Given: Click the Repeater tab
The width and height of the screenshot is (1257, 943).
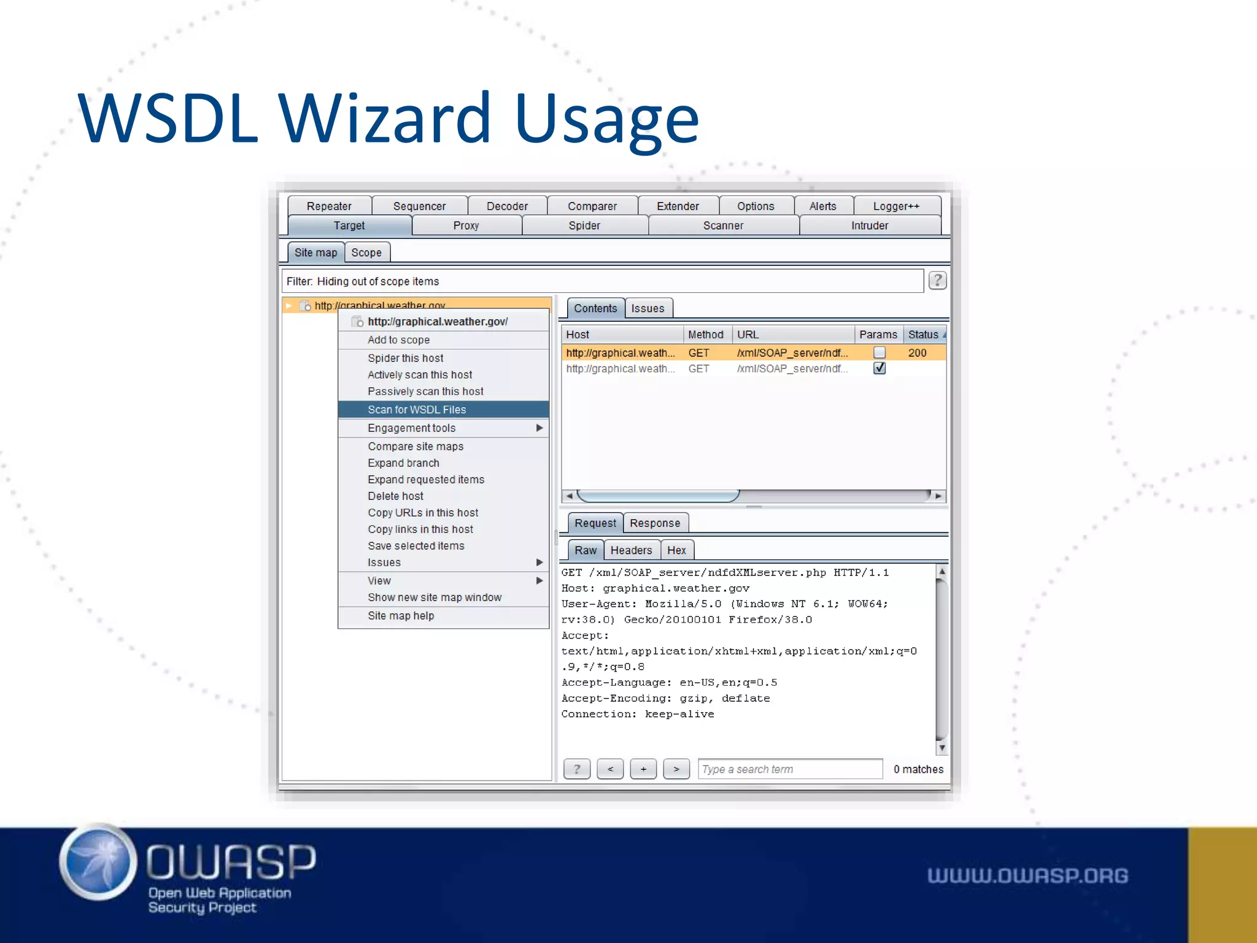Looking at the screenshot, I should [x=329, y=206].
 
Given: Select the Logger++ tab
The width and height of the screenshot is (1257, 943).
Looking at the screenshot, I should [x=896, y=206].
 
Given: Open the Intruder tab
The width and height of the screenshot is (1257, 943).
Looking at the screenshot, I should [x=869, y=226].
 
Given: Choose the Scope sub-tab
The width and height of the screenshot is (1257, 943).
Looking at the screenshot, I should [x=366, y=252].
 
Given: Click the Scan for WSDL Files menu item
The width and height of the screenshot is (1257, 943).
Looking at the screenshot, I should [x=417, y=409].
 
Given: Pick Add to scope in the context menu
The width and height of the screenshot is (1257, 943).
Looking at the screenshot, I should [x=398, y=340].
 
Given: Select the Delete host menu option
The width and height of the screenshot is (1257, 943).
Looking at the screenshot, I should [x=395, y=496].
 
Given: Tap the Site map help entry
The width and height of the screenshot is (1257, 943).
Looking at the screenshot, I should [x=401, y=616].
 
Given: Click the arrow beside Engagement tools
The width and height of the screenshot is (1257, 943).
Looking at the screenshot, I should [x=539, y=428].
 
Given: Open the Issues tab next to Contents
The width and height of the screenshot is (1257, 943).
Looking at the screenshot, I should [x=648, y=308].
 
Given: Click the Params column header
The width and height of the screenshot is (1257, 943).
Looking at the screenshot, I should [x=878, y=335].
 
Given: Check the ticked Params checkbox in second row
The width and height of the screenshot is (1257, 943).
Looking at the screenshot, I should [x=880, y=368].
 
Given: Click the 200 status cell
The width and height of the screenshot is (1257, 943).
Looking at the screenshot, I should [x=917, y=353].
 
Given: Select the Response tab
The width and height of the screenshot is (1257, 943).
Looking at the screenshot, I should [x=654, y=523].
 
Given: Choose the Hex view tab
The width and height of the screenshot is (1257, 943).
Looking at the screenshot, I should [x=676, y=550].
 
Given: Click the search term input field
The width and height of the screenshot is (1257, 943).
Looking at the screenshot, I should [x=789, y=769].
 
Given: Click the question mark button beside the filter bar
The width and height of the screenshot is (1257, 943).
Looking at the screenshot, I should [x=937, y=281].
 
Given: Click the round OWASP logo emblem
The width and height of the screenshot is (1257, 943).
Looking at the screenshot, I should [x=98, y=862].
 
